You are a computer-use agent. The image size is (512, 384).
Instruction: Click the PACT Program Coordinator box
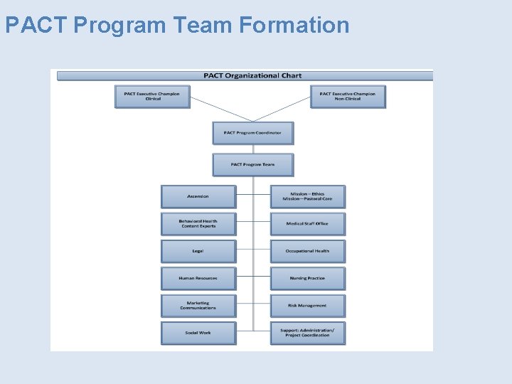click(x=252, y=133)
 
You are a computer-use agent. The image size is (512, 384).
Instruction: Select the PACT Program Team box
click(x=252, y=165)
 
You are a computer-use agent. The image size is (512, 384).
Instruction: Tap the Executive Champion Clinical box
click(x=152, y=96)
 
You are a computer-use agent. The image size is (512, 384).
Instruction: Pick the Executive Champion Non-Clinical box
click(x=348, y=96)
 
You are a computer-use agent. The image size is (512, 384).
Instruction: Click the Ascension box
click(x=198, y=196)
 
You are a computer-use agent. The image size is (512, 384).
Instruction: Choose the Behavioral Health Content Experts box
click(x=198, y=224)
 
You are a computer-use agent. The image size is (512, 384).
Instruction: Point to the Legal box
click(x=198, y=251)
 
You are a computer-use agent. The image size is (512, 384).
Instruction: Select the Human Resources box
click(x=198, y=278)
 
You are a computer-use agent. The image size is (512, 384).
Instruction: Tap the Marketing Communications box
click(x=198, y=306)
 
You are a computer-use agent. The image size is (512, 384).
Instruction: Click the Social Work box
click(x=198, y=333)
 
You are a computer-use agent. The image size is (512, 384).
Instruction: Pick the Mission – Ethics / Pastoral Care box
click(x=307, y=196)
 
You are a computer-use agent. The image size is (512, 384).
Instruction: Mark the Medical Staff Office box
click(x=307, y=224)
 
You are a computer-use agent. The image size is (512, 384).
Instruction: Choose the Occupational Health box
click(x=307, y=251)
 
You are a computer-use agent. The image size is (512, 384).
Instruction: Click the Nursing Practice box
click(x=307, y=278)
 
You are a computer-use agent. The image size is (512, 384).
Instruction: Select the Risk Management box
click(x=307, y=306)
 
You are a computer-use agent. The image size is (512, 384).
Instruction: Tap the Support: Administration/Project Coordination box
click(x=307, y=333)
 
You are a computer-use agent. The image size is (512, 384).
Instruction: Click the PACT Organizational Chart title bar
click(x=252, y=75)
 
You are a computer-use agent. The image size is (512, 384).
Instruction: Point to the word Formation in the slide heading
click(x=294, y=26)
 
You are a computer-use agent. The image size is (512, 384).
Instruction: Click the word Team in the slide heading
click(x=203, y=26)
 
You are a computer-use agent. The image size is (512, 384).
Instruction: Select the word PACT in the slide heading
click(x=36, y=26)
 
